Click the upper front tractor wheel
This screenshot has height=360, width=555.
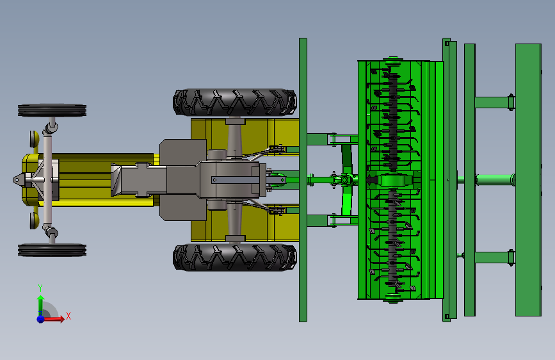click(x=52, y=110)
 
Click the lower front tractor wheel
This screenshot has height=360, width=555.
click(x=52, y=250)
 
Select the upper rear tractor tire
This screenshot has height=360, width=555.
click(x=235, y=102)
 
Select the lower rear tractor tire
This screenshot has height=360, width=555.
click(x=235, y=257)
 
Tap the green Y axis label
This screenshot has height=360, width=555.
click(x=40, y=288)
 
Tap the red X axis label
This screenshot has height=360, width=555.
click(x=68, y=316)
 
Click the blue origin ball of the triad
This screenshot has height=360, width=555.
click(x=41, y=319)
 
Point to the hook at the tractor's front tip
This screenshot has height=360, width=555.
click(x=17, y=180)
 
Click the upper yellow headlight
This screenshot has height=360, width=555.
click(x=35, y=138)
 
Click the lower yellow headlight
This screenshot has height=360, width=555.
click(x=35, y=221)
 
